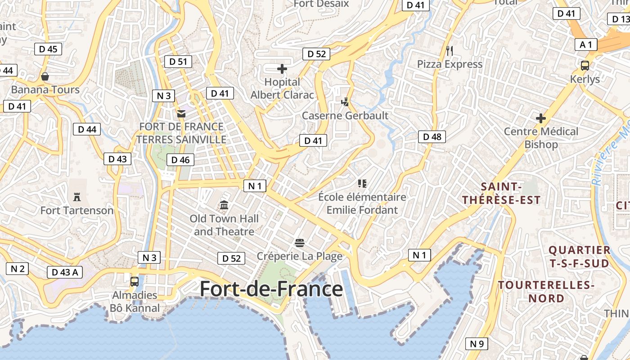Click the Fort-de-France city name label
pyautogui.click(x=271, y=289)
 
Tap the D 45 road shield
pyautogui.click(x=48, y=49)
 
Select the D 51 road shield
pyautogui.click(x=178, y=62)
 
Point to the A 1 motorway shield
pyautogui.click(x=586, y=45)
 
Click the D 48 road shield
pyautogui.click(x=432, y=137)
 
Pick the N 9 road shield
pyautogui.click(x=477, y=344)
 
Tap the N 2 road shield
pyautogui.click(x=17, y=269)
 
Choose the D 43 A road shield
pyautogui.click(x=65, y=272)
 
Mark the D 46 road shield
pyautogui.click(x=180, y=160)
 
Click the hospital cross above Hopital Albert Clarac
pyautogui.click(x=282, y=69)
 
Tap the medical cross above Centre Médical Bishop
pyautogui.click(x=541, y=119)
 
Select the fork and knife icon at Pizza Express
pyautogui.click(x=449, y=50)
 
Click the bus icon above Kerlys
pyautogui.click(x=585, y=66)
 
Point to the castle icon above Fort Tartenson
pyautogui.click(x=77, y=197)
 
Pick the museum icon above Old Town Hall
pyautogui.click(x=224, y=206)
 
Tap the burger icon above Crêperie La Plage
pyautogui.click(x=300, y=243)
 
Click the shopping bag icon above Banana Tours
pyautogui.click(x=45, y=76)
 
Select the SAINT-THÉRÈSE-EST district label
pyautogui.click(x=501, y=193)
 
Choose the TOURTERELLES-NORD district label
pyautogui.click(x=546, y=292)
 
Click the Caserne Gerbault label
pyautogui.click(x=345, y=116)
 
